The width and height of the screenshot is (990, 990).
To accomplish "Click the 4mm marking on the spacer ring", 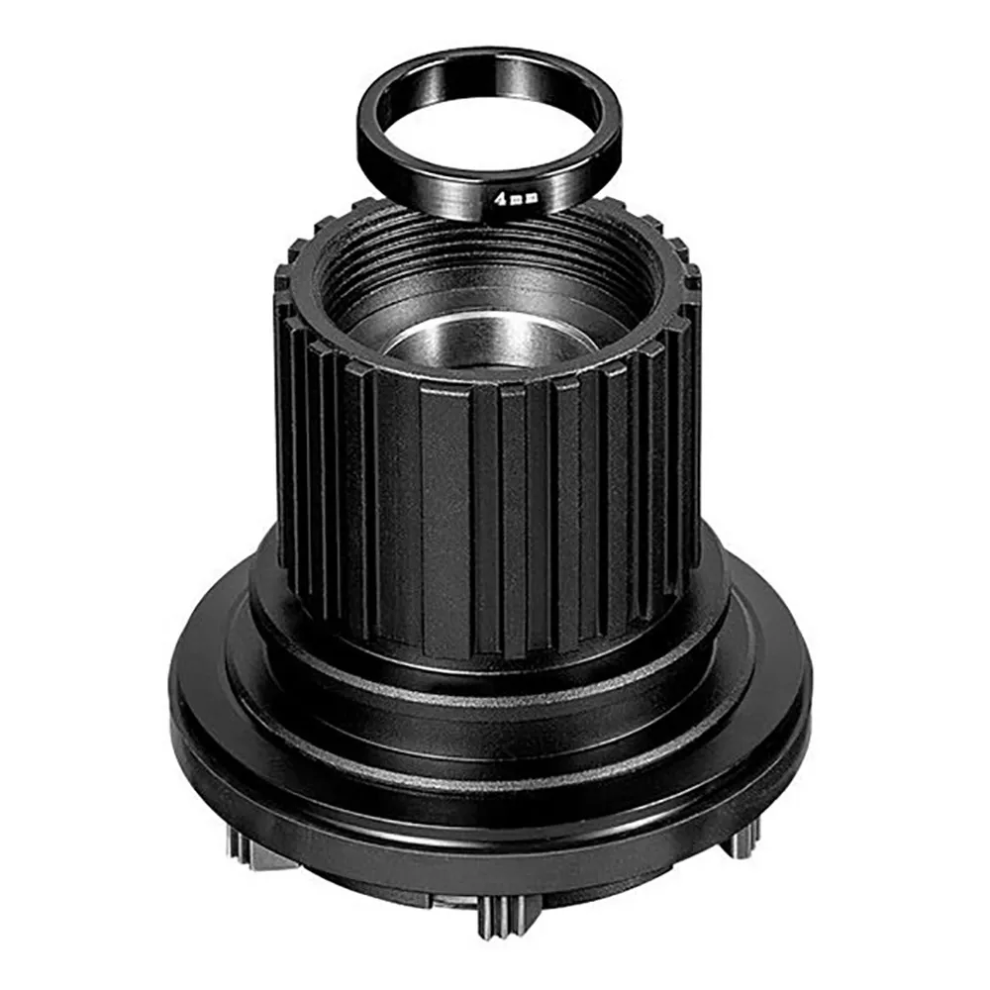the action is pyautogui.click(x=516, y=200).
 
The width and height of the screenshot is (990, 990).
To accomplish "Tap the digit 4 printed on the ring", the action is pyautogui.click(x=501, y=200).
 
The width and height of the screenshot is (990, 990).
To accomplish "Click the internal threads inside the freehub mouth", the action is pyautogui.click(x=492, y=265).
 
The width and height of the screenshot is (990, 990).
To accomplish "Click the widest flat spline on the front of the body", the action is pyautogui.click(x=445, y=518).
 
